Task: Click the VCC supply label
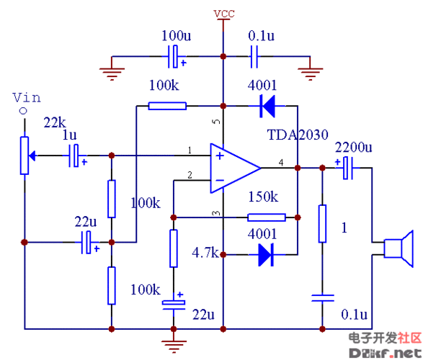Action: (224, 14)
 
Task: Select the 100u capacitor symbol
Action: (174, 55)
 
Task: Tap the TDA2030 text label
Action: (298, 135)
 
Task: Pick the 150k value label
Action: (262, 197)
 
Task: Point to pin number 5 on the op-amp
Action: (215, 122)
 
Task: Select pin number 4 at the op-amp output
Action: (281, 161)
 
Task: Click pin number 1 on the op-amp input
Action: (190, 150)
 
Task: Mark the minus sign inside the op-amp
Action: (218, 180)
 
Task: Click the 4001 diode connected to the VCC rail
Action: (267, 107)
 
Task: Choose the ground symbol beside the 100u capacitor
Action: (110, 69)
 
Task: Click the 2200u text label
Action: (353, 147)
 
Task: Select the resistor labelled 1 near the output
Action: (322, 223)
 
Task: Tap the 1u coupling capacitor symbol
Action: (74, 156)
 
